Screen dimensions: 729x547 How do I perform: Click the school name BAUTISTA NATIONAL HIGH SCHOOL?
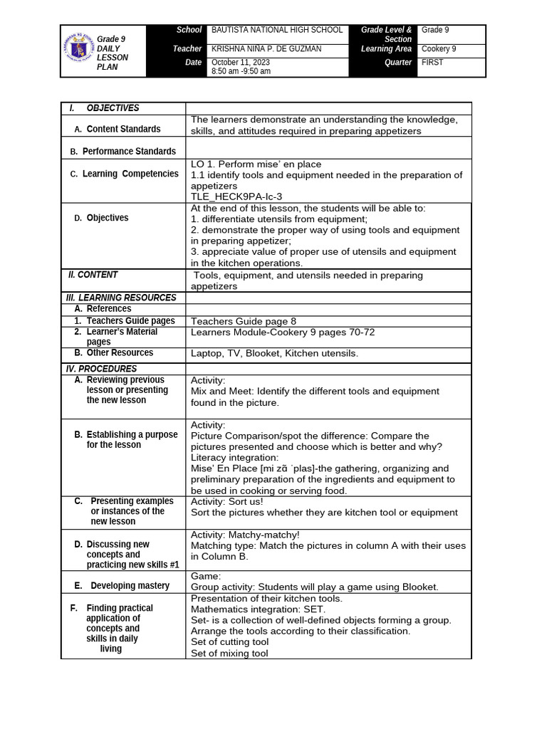pos(277,31)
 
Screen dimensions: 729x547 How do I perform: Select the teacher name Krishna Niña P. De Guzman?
pos(266,49)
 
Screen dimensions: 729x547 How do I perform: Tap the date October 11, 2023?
pos(240,63)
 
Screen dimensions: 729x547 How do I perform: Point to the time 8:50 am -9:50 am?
pos(241,72)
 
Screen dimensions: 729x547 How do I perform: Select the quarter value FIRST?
pos(432,63)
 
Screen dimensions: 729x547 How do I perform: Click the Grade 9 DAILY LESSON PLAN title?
pos(113,53)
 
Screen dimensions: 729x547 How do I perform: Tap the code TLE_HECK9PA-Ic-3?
pos(231,196)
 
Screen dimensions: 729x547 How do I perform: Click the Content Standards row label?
pos(123,129)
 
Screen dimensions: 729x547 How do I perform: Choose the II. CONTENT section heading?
pos(93,275)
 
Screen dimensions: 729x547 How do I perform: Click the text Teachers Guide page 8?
pos(244,321)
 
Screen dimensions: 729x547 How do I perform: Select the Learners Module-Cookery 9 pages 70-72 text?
pos(283,332)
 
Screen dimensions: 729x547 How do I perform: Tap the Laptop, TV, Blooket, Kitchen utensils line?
pos(274,353)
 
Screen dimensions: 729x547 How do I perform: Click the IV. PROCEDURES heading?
pos(101,369)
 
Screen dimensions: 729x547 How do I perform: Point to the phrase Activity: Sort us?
pos(227,501)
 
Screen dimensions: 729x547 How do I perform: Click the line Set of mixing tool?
pos(229,654)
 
